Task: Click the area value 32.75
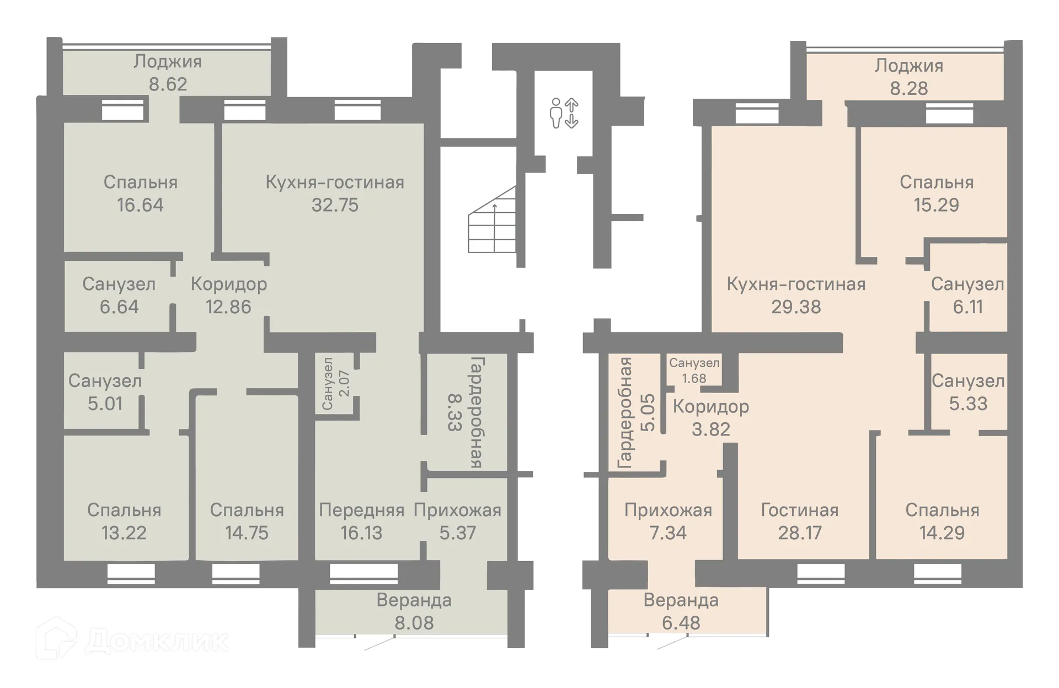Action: point(335,205)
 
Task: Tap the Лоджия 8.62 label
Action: point(168,72)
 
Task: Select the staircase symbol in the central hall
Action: point(492,219)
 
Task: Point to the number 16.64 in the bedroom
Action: point(140,205)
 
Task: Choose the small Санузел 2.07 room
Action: point(336,384)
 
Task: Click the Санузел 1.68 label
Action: point(694,370)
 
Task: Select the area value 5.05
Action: point(648,412)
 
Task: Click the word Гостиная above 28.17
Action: point(800,510)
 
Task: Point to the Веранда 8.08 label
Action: point(414,611)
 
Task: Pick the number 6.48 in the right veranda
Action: point(681,623)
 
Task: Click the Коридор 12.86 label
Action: point(229,295)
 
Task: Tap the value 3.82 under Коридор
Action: point(711,429)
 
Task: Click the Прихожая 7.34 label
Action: point(668,521)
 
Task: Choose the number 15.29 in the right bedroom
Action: point(937,205)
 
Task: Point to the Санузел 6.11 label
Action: point(968,295)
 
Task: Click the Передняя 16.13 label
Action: point(361,521)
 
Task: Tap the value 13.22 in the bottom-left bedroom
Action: point(124,533)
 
